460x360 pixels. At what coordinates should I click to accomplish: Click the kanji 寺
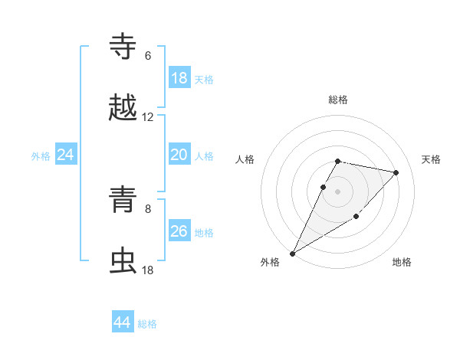tap(123, 47)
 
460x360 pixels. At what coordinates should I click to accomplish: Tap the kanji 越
tap(123, 108)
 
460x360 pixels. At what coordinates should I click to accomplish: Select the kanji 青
tap(123, 200)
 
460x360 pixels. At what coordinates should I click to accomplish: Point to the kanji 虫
tap(123, 261)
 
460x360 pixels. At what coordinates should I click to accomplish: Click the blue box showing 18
tap(179, 78)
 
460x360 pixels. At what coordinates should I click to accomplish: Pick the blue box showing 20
tap(179, 155)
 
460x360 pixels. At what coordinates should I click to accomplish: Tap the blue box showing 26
tap(179, 231)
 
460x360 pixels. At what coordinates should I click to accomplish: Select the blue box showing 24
tap(65, 155)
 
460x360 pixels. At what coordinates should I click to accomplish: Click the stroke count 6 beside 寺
tap(148, 56)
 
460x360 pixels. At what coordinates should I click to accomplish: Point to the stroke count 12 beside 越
tap(148, 117)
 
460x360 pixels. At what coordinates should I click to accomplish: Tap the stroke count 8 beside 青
tap(148, 208)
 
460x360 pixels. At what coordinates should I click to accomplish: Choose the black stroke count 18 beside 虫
tap(148, 270)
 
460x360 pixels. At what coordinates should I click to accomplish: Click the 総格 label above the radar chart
tap(338, 100)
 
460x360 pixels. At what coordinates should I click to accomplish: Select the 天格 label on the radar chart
tap(431, 159)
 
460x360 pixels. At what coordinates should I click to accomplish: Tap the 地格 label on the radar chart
tap(402, 262)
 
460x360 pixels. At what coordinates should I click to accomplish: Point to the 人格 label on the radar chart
tap(245, 159)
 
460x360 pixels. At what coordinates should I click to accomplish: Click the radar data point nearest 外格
tap(293, 253)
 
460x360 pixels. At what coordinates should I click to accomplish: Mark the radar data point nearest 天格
tap(396, 172)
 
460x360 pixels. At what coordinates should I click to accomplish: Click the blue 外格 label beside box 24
tap(41, 156)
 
